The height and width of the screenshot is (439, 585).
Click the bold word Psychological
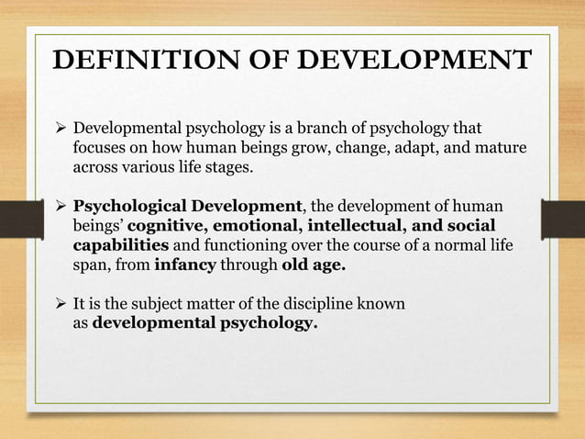click(133, 205)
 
